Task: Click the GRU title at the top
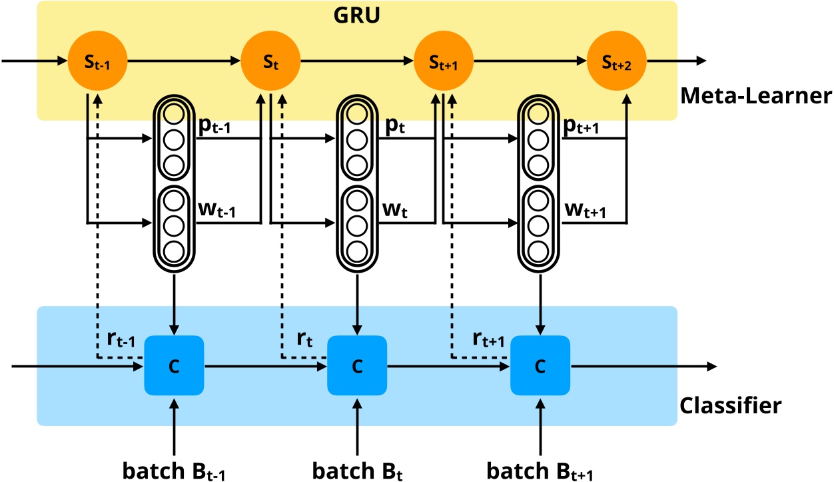pyautogui.click(x=356, y=15)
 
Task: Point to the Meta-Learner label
pyautogui.click(x=755, y=97)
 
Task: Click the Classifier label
pyautogui.click(x=731, y=404)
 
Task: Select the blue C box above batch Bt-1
pyautogui.click(x=174, y=365)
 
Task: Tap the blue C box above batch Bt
pyautogui.click(x=357, y=365)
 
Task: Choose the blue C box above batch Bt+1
pyautogui.click(x=540, y=365)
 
